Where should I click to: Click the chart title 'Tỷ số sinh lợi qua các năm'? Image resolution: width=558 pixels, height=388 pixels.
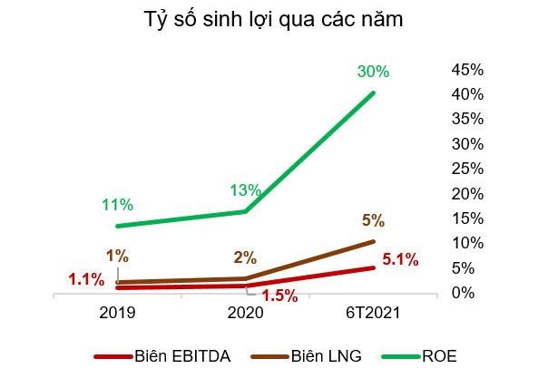point(274,19)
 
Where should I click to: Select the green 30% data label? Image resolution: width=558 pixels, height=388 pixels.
point(374,71)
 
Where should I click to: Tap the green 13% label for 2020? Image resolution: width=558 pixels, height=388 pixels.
point(245,190)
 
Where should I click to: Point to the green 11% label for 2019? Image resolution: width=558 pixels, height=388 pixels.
point(117,205)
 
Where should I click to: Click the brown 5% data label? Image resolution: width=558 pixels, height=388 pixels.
point(373,220)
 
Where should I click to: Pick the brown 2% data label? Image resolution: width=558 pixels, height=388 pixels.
point(245,257)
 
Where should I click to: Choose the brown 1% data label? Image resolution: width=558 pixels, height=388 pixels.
point(116,256)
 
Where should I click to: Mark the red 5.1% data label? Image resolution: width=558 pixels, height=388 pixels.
point(398,260)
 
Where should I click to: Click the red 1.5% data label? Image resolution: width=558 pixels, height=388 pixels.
point(280,295)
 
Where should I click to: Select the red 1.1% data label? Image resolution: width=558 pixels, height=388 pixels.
point(86,279)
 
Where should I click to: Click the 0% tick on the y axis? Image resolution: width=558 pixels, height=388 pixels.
point(464,293)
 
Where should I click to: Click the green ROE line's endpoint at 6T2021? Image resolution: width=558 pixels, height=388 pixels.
point(373,92)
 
